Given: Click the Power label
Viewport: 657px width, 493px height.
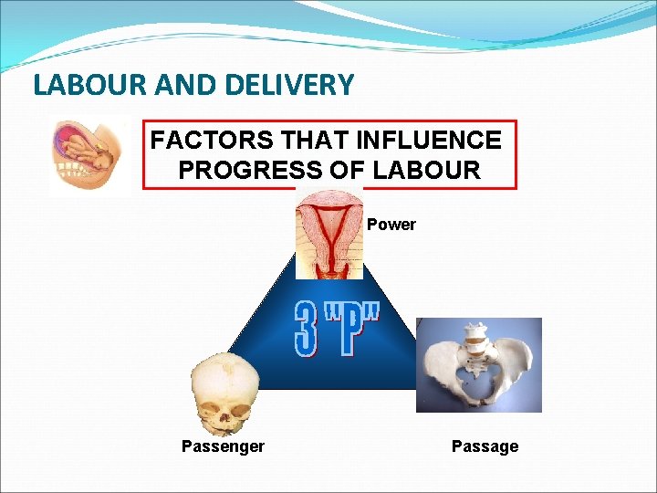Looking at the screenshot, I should [391, 225].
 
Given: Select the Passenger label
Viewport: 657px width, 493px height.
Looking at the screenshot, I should [223, 446].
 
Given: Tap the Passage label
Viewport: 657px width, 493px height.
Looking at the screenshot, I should [485, 446].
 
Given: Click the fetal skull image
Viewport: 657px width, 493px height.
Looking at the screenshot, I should [224, 393].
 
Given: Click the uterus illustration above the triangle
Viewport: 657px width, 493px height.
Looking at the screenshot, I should [329, 233].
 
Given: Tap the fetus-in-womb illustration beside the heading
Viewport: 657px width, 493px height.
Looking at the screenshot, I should [89, 158].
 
